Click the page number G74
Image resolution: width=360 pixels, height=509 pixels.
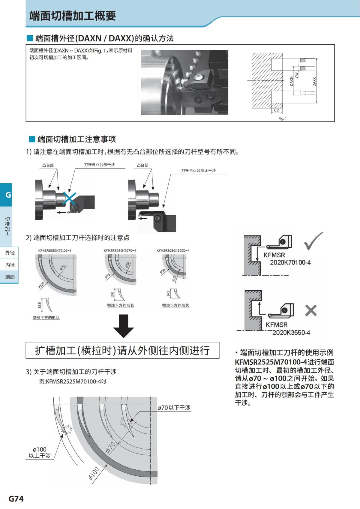click(16, 499)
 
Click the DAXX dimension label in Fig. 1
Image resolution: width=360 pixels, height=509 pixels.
click(314, 82)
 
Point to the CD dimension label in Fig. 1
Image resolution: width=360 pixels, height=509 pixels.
click(277, 110)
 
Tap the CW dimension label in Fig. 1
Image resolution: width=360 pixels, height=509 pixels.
click(297, 75)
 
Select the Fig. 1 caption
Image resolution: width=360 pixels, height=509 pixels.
click(282, 118)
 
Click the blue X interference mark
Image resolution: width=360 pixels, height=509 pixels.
click(69, 198)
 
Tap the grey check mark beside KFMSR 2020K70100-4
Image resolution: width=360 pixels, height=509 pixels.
click(313, 241)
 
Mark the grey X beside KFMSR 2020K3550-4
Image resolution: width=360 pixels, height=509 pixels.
click(311, 311)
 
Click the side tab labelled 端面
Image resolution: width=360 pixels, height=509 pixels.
click(10, 277)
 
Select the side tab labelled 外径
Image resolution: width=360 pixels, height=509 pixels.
click(10, 253)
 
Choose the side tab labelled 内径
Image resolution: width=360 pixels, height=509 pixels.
click(10, 265)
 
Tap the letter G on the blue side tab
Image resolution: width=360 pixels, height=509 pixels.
click(8, 195)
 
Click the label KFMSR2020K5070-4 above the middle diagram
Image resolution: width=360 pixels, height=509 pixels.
click(120, 250)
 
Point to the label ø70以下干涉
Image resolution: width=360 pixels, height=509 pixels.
click(174, 408)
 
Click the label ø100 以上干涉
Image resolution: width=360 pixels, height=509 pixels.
click(40, 453)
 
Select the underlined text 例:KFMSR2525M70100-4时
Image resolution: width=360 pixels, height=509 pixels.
click(73, 382)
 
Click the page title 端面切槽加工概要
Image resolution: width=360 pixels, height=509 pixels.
click(73, 16)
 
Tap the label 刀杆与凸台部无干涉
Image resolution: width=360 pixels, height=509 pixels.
click(198, 171)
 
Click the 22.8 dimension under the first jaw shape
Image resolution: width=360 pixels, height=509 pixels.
click(40, 305)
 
